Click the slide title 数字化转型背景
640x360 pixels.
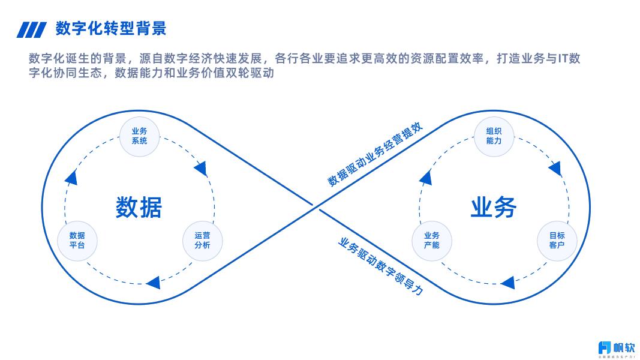110,28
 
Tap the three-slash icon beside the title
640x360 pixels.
31,29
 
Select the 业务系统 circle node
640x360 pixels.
139,136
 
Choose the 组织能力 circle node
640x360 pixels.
494,136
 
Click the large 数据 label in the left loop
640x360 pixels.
139,207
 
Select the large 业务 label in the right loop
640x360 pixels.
493,207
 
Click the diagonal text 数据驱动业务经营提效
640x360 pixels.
375,155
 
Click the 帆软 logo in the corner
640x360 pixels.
615,347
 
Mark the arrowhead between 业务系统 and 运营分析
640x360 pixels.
202,167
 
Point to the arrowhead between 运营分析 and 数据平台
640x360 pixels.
154,282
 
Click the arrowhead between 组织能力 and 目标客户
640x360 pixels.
555,168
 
